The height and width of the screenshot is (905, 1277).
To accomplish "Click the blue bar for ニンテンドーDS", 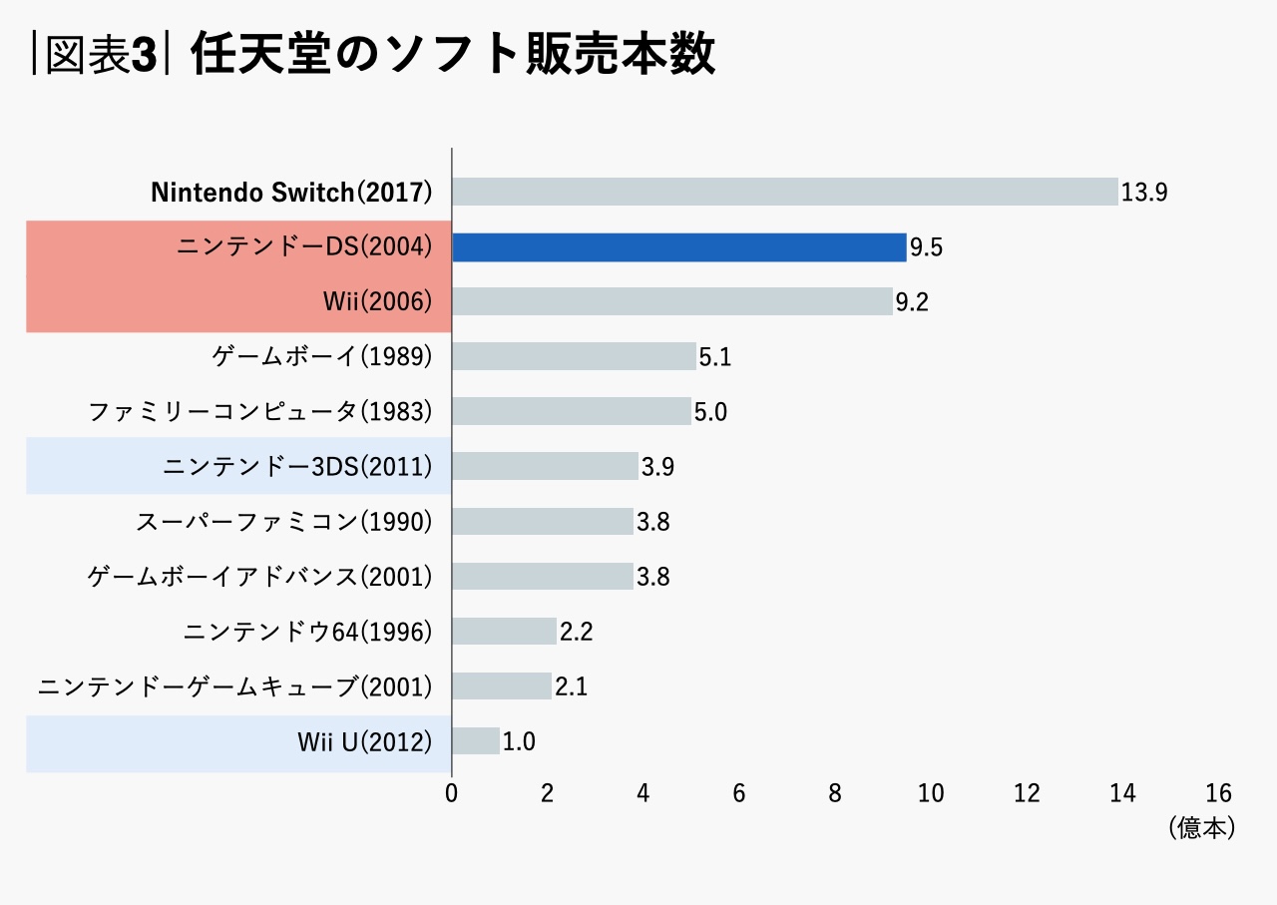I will click(678, 247).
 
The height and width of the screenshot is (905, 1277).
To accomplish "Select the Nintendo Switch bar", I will click(784, 192).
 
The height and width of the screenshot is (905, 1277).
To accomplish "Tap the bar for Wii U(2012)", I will click(476, 740).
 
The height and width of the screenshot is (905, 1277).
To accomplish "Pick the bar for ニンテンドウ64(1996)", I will click(504, 631).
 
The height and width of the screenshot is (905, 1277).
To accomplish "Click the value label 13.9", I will click(1143, 193).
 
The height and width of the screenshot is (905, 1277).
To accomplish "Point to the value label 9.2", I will click(912, 302).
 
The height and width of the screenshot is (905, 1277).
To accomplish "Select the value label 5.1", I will click(715, 357).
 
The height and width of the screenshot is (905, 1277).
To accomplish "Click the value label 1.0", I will click(519, 741).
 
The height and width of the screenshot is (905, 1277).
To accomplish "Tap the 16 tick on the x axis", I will click(1218, 793).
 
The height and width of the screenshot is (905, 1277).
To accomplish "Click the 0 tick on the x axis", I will click(452, 793).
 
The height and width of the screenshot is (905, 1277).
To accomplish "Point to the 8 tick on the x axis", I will click(835, 793).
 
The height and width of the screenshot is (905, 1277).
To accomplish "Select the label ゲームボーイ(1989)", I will click(322, 356).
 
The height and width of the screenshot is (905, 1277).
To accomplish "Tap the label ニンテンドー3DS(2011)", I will click(297, 466).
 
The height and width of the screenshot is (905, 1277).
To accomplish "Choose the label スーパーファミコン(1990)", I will click(284, 521).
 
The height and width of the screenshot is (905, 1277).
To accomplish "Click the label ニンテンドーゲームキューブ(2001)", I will click(235, 685).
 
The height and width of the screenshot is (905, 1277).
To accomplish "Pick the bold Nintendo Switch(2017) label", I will click(291, 193).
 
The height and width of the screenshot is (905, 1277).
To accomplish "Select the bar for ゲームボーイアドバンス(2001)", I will click(543, 576).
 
